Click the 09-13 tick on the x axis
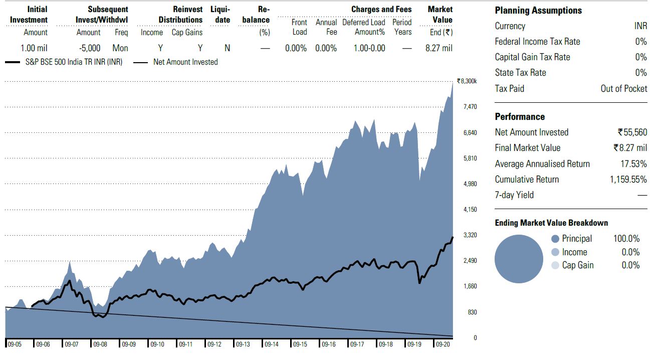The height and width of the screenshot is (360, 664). pos(243,344)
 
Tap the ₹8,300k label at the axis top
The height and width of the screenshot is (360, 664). pos(467,81)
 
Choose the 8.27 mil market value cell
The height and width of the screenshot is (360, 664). pos(438,48)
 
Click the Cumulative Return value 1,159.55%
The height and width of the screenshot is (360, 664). pos(628,179)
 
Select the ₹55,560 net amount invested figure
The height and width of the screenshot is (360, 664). pos(632,132)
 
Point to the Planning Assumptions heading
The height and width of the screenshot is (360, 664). pos(538,11)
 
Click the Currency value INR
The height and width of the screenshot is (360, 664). pos(640,26)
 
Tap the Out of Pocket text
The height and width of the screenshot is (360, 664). pos(624,89)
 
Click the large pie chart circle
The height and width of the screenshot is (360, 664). pos(519,259)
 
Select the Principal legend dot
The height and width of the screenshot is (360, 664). pos(555,239)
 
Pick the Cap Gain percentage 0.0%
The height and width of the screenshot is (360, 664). pos(630,265)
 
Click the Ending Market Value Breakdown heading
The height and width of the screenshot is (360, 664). pos(551,223)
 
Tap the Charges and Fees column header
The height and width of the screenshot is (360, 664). pos(381,10)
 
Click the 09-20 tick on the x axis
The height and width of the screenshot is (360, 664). pos(442,344)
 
